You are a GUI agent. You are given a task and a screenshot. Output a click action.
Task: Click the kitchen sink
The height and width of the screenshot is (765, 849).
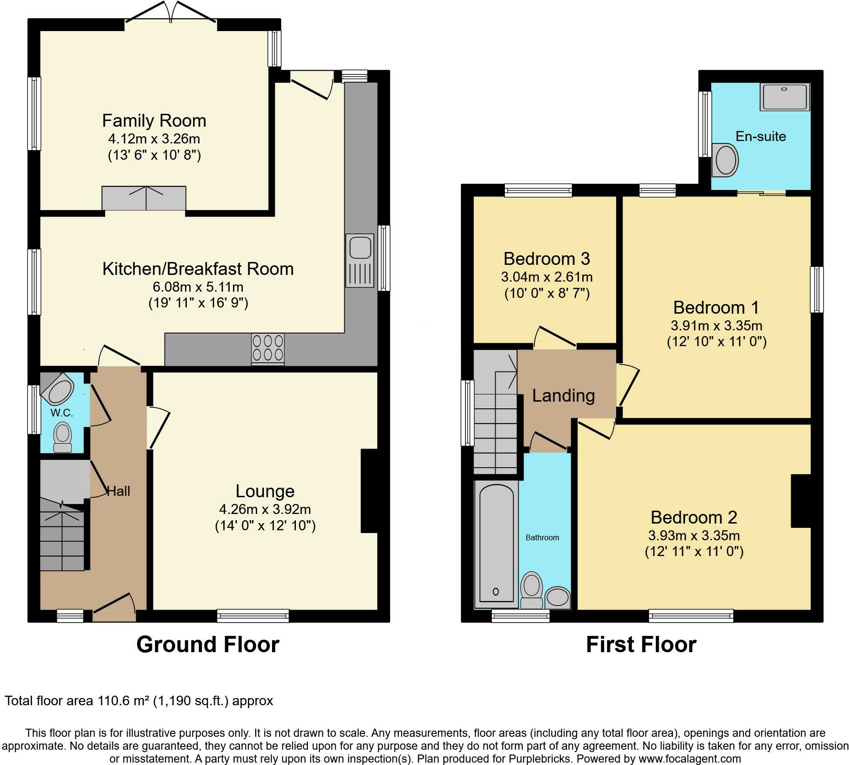tap(359, 261)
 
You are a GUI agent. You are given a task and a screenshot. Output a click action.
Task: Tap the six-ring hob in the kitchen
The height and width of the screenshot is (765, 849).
tap(268, 350)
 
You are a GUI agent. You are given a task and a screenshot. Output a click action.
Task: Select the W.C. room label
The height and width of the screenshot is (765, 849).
tap(62, 413)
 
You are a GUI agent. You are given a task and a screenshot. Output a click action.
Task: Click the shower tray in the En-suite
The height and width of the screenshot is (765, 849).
tap(785, 97)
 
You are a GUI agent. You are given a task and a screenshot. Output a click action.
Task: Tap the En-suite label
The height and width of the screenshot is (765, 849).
tap(761, 136)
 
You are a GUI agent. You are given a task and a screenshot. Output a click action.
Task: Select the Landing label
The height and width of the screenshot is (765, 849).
tap(564, 395)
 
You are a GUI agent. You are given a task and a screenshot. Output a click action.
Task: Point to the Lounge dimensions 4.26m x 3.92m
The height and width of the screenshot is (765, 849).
tap(266, 510)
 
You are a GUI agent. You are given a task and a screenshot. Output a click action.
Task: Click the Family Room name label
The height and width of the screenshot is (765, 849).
tap(154, 120)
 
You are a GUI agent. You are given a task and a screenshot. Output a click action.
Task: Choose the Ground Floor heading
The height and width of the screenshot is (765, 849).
tap(208, 644)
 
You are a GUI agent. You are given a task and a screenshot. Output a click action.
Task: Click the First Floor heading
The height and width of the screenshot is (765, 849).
tap(641, 644)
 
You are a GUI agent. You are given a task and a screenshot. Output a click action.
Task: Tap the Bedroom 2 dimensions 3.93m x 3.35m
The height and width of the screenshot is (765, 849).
tap(694, 535)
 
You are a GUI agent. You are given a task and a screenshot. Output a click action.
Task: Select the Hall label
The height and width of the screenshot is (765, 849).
tap(118, 491)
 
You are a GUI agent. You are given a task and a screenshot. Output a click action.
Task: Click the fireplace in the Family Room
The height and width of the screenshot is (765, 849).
tap(144, 198)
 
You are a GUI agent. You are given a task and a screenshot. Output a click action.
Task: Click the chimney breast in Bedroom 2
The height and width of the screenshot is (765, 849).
tap(801, 501)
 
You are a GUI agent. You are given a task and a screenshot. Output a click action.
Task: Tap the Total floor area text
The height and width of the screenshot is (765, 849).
tap(139, 701)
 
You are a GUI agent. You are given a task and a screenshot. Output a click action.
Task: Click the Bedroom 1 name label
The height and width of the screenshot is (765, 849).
tap(716, 307)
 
